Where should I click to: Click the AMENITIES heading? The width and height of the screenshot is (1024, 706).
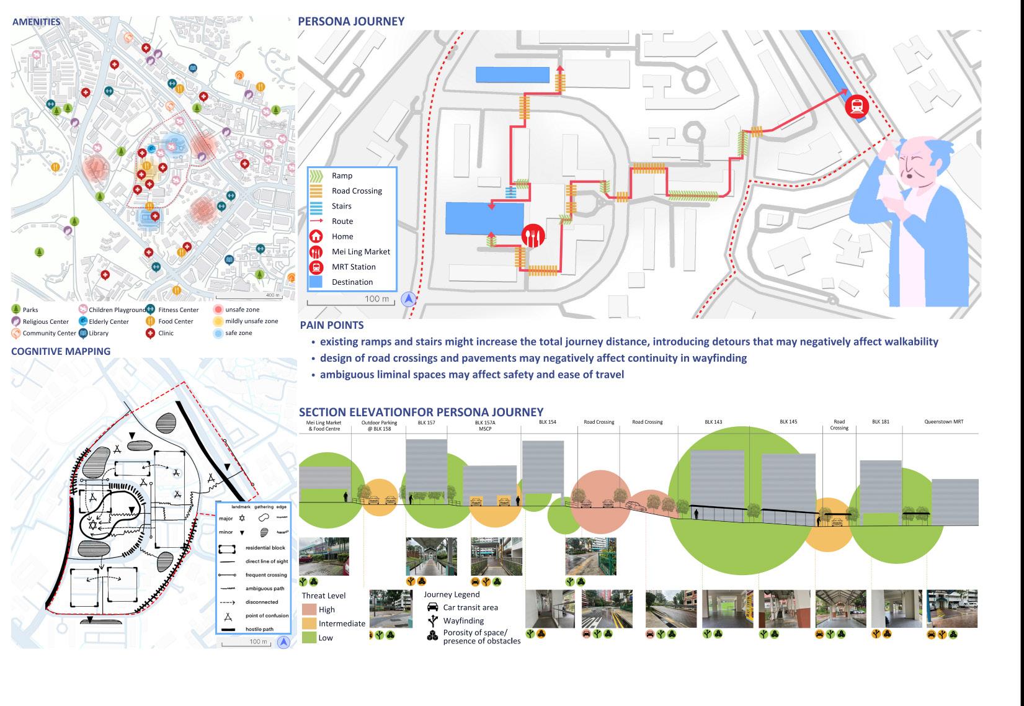coord(37,22)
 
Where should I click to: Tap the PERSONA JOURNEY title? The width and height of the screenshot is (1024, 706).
coord(351,21)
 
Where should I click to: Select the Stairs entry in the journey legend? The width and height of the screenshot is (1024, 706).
coord(341,206)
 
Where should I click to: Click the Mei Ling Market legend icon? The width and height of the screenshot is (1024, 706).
coord(316,252)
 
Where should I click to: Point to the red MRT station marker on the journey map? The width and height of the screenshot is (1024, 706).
coord(857,106)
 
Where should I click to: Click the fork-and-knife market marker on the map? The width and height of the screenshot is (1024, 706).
coord(533,235)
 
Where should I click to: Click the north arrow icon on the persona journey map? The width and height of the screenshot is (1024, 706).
coord(409,300)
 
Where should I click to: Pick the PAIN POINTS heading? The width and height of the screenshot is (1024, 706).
coord(332,325)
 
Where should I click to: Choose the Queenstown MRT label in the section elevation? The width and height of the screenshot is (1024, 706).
coord(943,422)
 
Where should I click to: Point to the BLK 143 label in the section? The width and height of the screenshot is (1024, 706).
coord(713,422)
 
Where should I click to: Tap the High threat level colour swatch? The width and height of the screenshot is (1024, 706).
coord(309,610)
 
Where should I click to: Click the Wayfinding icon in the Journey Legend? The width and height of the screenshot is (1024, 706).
coord(432,620)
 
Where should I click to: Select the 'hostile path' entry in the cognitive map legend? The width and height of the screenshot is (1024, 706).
coord(259,629)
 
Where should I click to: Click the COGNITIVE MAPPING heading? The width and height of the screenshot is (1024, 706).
coord(61,351)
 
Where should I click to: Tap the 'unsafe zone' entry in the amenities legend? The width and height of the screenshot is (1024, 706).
coord(242,310)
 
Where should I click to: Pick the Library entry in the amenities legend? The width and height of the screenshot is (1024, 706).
coord(99,333)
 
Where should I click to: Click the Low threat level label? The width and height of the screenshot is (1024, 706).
coord(326,638)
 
